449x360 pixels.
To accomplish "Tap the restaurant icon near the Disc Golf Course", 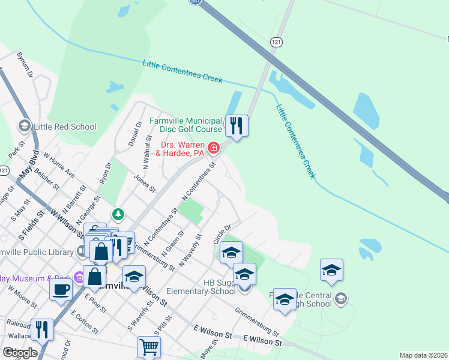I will (x=237, y=125).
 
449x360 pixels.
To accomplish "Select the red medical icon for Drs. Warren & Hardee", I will (x=213, y=148).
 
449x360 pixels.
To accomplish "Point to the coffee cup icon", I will (x=60, y=289).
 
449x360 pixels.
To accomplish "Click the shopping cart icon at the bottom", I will (x=149, y=346).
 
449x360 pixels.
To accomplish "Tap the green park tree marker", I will (x=119, y=214).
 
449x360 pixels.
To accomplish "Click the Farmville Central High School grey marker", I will (x=341, y=298).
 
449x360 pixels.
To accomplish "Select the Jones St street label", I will (x=145, y=182).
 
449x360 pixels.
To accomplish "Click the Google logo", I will (x=19, y=353).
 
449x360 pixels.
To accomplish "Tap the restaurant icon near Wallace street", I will (x=42, y=329).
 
